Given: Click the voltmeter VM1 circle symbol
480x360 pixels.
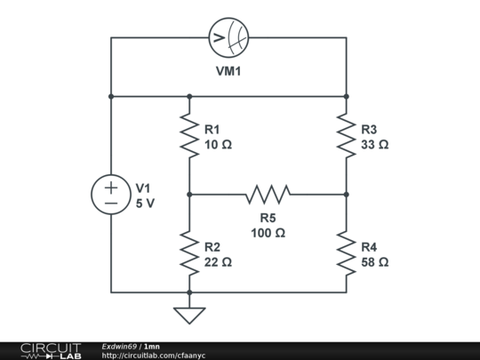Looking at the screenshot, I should coord(228,37).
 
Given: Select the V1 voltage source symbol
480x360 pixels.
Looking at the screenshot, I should coord(111,195).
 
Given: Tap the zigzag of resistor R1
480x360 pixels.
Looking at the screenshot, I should coord(189,135).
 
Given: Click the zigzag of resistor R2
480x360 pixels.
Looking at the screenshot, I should coord(189,252).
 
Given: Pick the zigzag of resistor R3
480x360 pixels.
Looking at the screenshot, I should coord(347,135).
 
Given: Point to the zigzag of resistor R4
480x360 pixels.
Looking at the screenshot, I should coord(347,252).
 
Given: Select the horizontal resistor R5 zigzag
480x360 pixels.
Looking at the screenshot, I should coord(268,194).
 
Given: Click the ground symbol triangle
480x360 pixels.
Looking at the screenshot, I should coord(189,315).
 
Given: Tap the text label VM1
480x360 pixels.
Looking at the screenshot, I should coord(228,71).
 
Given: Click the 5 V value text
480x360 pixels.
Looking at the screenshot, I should coord(145,203).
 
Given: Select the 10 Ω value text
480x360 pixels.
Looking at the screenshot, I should coord(217,144).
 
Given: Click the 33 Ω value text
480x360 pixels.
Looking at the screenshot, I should coord(374,144).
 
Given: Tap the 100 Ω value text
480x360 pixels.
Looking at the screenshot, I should coord(268,233).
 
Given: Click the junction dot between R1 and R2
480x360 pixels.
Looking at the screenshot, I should coord(189,194).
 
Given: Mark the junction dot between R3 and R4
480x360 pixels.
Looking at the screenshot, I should coord(347,194).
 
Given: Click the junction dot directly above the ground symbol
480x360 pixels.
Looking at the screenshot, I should coord(189,292).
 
